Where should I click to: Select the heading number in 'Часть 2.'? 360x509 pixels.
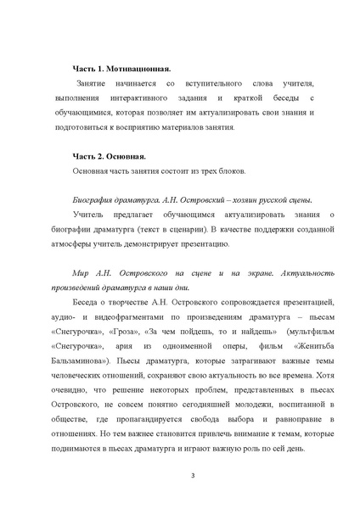click(x=105, y=157)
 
